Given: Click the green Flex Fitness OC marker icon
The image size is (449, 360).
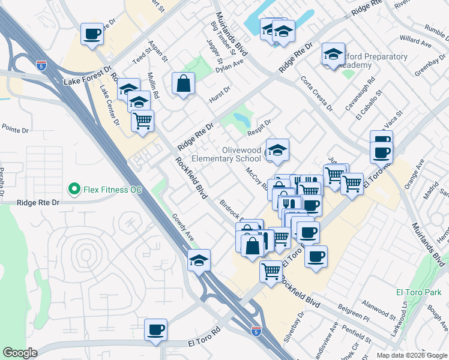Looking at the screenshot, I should (x=74, y=190).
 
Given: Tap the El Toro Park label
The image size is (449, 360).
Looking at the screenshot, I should (x=414, y=292).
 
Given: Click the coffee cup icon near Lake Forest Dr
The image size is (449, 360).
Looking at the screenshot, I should (x=92, y=34).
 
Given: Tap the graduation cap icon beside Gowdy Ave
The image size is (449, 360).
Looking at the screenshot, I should (x=199, y=260).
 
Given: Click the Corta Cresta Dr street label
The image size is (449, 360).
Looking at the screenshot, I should (x=316, y=92).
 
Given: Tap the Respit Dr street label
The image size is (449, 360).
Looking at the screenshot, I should (x=259, y=127).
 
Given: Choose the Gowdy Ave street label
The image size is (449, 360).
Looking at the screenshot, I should (x=182, y=227).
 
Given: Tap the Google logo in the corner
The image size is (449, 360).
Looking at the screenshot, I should (x=20, y=353).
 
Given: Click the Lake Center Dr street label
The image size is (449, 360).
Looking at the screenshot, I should (x=109, y=106).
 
